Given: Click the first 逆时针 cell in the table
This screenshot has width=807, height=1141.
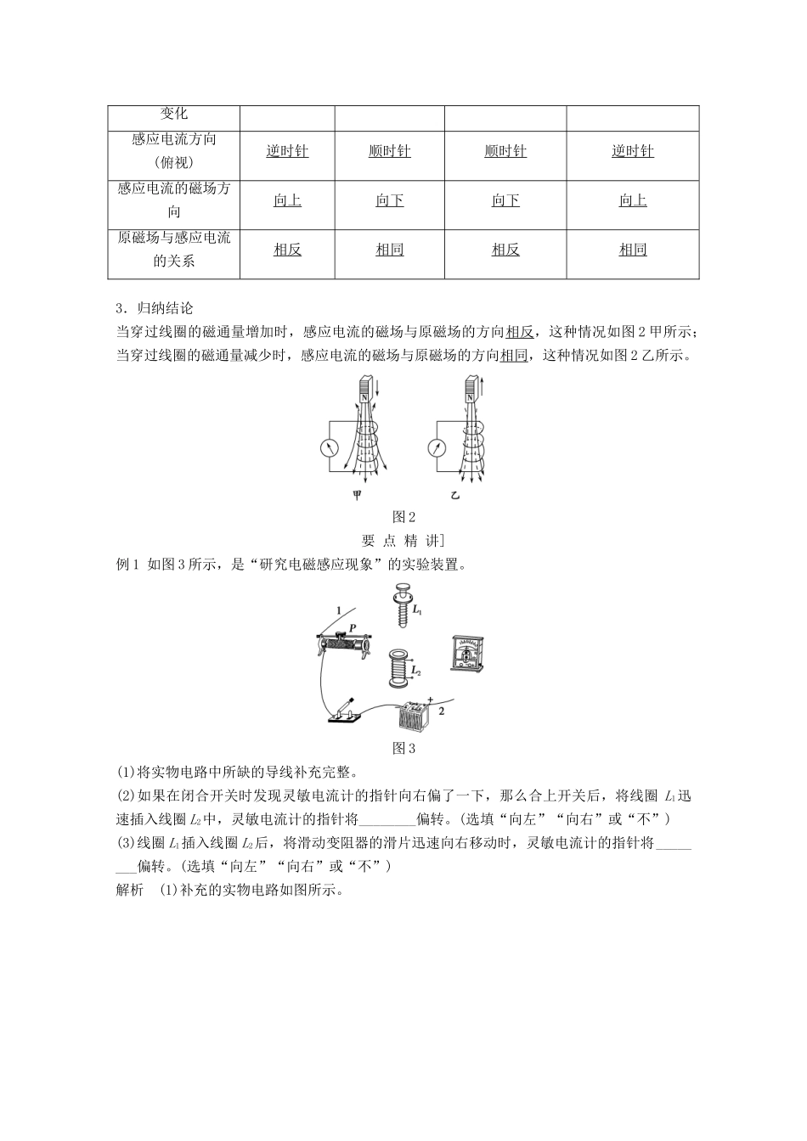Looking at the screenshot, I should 287,151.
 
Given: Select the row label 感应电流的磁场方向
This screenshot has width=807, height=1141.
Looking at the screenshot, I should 173,200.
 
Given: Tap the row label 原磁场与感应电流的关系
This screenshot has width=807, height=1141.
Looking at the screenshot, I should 173,250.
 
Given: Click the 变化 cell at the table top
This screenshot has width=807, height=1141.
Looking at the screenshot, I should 173,114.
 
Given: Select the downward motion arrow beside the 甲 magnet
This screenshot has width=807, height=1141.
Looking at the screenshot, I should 378,391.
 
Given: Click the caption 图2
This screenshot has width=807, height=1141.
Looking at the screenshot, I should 403,517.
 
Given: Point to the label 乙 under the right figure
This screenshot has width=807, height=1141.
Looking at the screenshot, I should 455,494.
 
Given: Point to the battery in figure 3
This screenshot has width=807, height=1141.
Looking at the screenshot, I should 416,715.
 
